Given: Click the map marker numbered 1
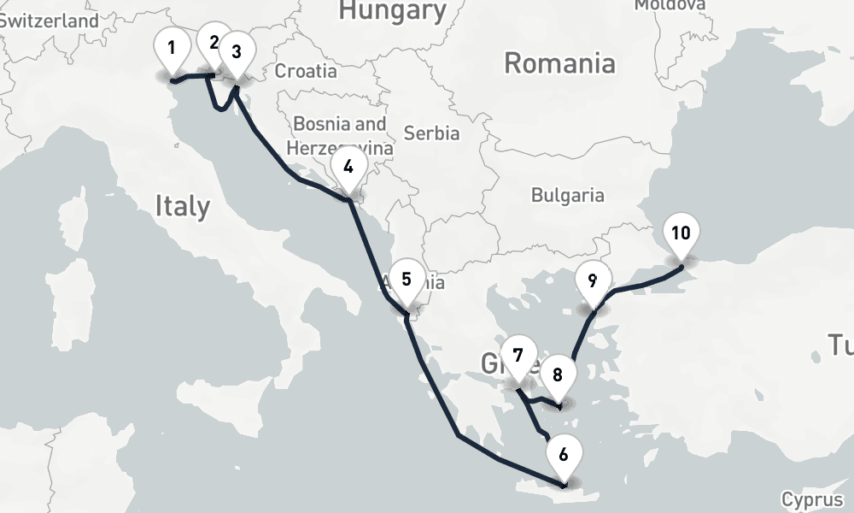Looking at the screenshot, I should (x=172, y=48).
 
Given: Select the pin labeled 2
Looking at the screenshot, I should (x=213, y=41).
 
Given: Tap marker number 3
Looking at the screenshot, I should (x=237, y=51).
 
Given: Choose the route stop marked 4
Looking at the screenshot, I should (x=348, y=167).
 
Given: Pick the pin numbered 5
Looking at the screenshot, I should (x=406, y=280).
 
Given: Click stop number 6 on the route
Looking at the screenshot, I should (x=563, y=454).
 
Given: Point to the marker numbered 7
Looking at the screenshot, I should (x=518, y=355).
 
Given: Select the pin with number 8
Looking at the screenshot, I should (x=558, y=374).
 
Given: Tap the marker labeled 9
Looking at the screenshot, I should (x=593, y=280).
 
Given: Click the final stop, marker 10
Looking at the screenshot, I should (x=681, y=233).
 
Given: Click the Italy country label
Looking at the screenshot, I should (x=182, y=206).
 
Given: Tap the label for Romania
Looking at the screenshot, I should (x=559, y=62).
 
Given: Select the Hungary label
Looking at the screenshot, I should (x=393, y=10).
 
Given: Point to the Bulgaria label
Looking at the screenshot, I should (x=567, y=195).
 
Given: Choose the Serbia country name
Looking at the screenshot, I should (x=431, y=133).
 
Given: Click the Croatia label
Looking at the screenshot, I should (x=305, y=71).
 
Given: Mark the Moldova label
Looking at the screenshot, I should (x=670, y=5).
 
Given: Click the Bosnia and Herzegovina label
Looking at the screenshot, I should (x=339, y=136).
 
